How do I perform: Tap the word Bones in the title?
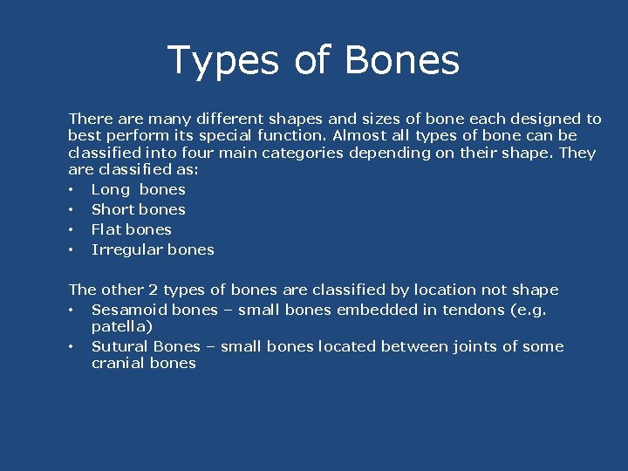coord(402,61)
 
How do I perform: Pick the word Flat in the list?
coord(106,229)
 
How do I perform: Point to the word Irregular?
coord(125,249)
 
